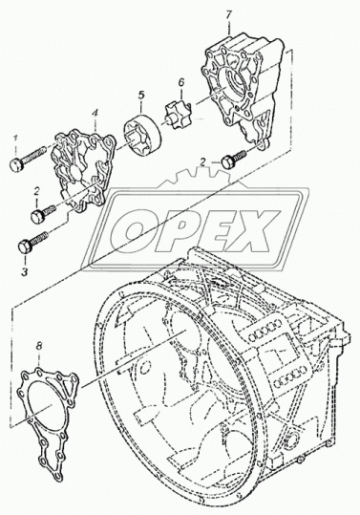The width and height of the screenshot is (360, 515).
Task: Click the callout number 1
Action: (15, 139)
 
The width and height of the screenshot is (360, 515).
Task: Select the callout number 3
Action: (25, 271)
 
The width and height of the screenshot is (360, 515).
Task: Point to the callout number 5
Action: (141, 96)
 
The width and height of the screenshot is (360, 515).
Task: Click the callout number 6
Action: (181, 82)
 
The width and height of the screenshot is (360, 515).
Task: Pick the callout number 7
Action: (229, 15)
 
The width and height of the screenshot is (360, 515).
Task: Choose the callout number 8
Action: (39, 345)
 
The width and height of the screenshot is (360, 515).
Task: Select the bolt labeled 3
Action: (33, 242)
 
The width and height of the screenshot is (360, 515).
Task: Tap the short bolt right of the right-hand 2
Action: (234, 160)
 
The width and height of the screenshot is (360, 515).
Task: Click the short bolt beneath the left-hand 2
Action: (43, 213)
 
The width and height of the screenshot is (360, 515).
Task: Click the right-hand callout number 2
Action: (203, 161)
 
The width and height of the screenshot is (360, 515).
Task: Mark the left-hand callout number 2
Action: (37, 191)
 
